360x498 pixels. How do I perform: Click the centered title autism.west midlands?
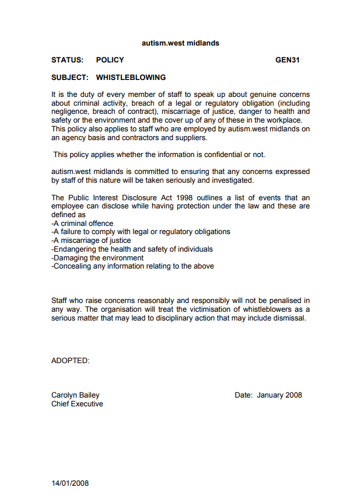180,43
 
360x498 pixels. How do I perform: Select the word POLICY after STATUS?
110,60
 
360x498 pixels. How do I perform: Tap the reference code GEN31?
288,60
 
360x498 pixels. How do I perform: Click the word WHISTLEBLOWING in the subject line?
131,77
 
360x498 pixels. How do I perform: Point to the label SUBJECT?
69,77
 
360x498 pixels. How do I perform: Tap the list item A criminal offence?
82,223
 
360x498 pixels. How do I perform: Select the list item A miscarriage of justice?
91,241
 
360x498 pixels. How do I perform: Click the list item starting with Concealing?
132,266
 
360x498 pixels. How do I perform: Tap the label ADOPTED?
70,361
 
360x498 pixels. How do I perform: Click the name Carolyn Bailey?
75,395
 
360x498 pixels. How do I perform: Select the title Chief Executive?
77,404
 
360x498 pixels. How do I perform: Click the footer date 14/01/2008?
70,483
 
